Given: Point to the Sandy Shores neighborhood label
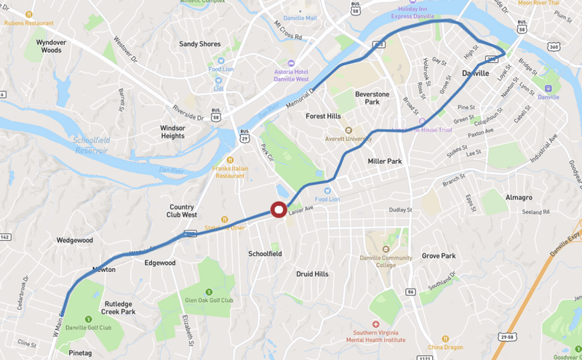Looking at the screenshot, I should point(200,44).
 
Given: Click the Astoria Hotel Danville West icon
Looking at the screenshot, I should point(292,63).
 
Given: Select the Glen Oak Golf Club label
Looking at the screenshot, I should point(208,300).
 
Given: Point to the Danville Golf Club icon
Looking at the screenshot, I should point(89,319).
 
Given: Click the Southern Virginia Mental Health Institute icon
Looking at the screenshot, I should point(375,324).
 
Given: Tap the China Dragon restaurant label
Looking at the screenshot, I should point(445,347).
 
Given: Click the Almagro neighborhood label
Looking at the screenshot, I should point(518,197).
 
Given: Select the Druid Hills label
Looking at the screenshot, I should point(313,274).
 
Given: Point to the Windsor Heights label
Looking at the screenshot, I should point(162,132).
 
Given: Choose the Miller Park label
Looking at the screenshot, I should point(385,161).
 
